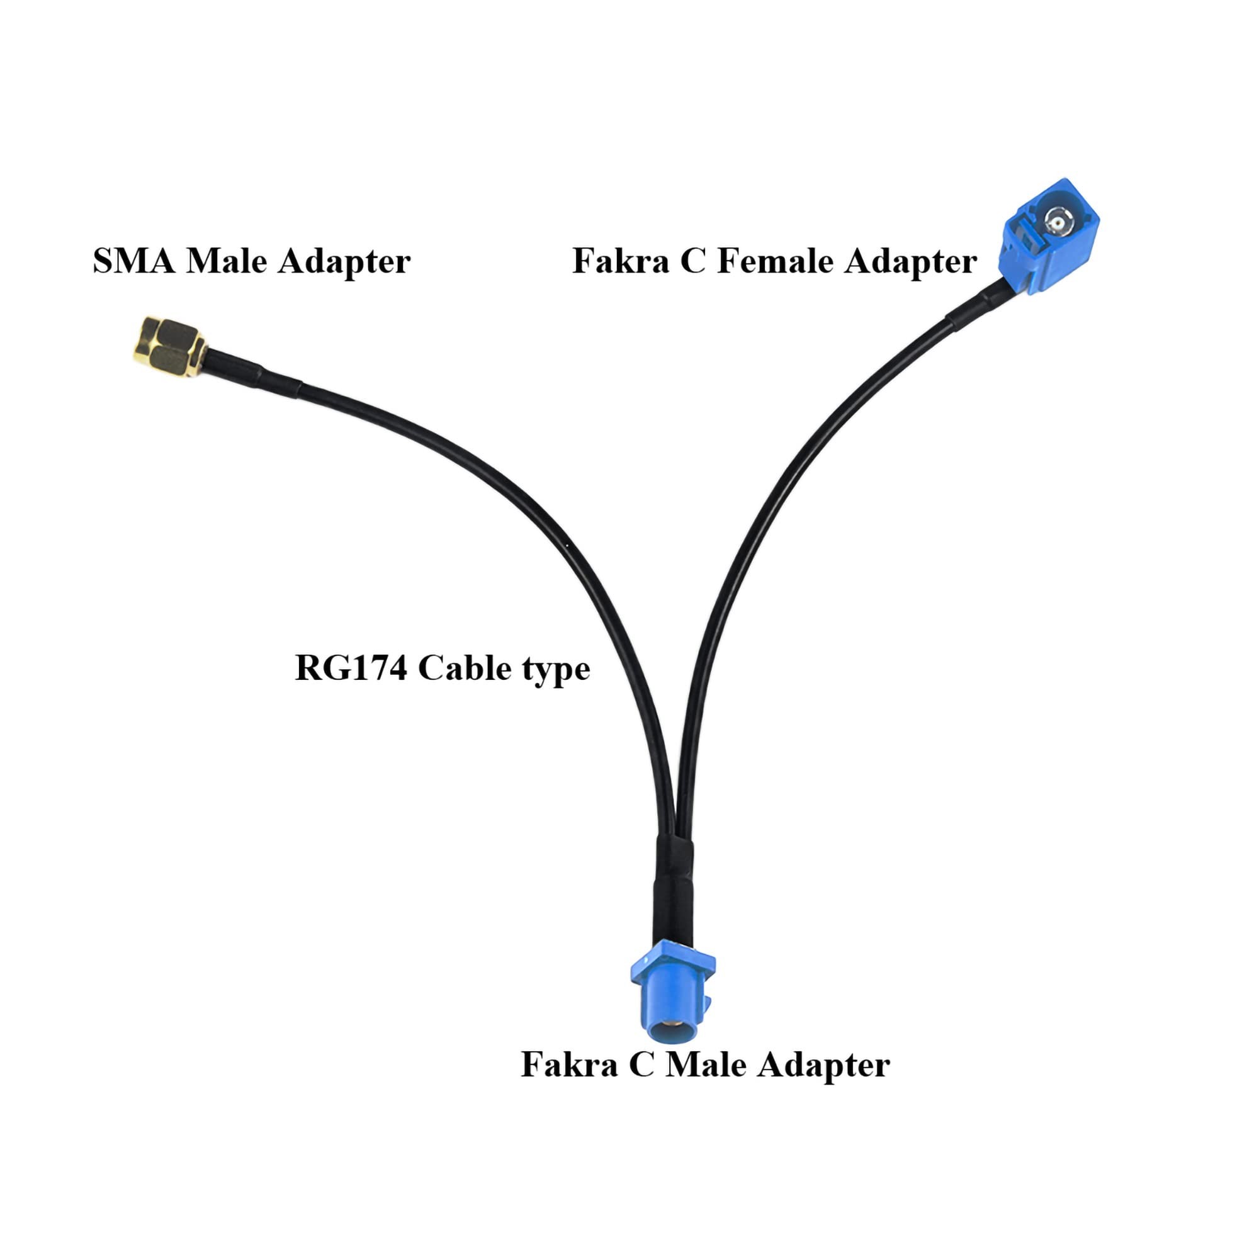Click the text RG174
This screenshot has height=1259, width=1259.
pos(351,669)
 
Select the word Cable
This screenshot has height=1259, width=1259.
pos(464,669)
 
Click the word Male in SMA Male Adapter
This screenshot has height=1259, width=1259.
pos(226,261)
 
